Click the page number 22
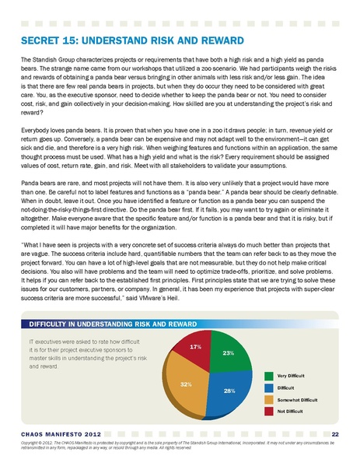click(334, 434)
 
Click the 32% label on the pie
click(187, 384)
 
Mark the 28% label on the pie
click(229, 390)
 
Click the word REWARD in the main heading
click(217, 40)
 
